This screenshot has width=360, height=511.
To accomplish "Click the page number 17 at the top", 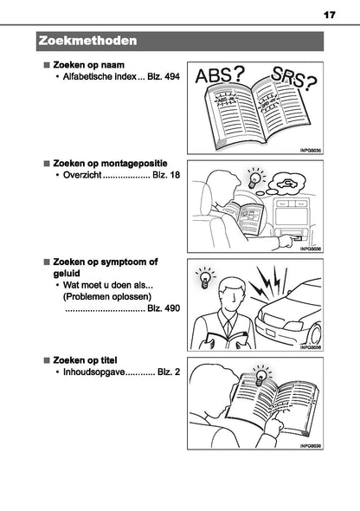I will tap(329, 15).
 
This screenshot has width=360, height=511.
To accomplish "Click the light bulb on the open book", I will tap(258, 378).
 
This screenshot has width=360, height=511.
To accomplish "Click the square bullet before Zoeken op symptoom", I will tap(47, 260).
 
